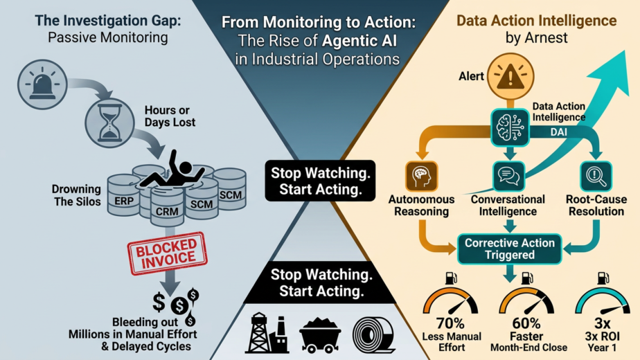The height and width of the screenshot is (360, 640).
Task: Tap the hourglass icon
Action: coord(109,118)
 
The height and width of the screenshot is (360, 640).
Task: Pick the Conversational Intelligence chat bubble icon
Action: coord(510,175)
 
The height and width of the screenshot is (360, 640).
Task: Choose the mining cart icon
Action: coord(320,334)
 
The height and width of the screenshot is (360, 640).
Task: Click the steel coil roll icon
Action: coord(375,334)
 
